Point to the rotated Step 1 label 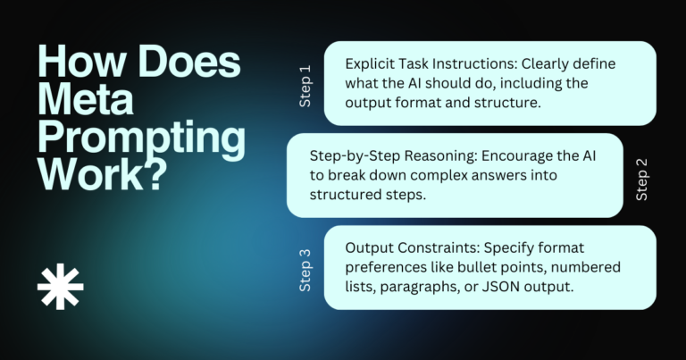pyautogui.click(x=305, y=86)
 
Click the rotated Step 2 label pyautogui.click(x=640, y=180)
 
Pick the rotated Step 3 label pyautogui.click(x=305, y=271)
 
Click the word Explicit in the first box pyautogui.click(x=372, y=64)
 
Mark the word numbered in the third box pyautogui.click(x=586, y=267)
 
